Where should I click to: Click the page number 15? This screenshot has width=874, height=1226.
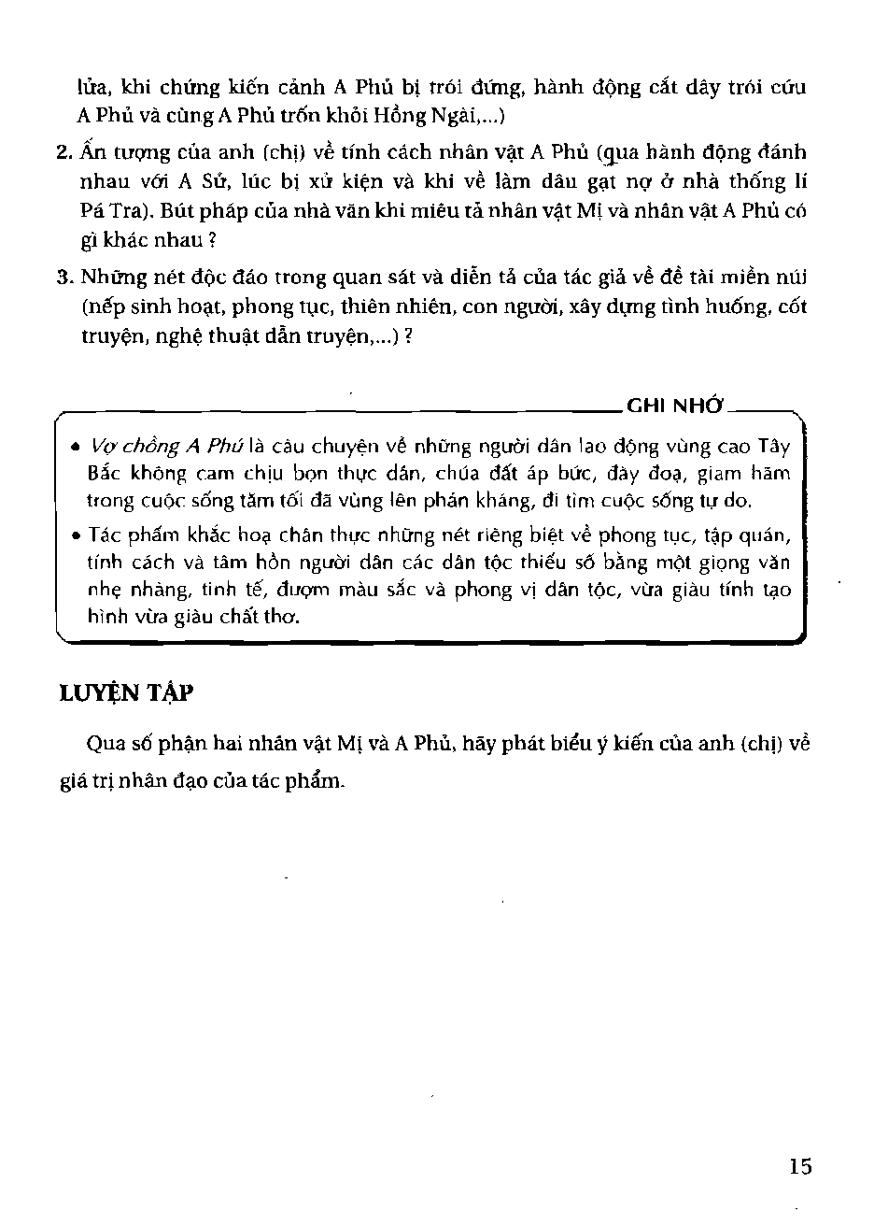tap(800, 1166)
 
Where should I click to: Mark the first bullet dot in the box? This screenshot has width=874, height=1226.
tap(74, 448)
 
